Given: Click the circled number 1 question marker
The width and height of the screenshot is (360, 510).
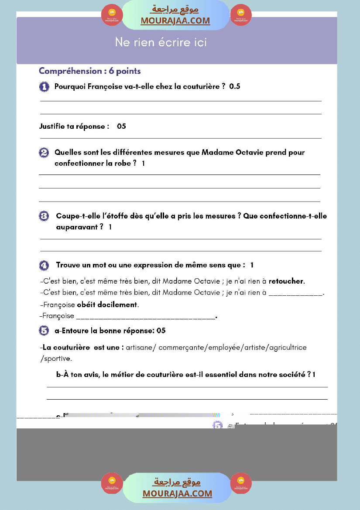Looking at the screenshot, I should [x=44, y=87].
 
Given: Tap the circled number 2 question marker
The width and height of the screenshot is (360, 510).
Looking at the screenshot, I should [x=44, y=153].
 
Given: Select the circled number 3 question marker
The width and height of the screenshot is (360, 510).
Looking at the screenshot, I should [x=44, y=216].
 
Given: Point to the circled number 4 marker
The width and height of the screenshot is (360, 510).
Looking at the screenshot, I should [x=44, y=265].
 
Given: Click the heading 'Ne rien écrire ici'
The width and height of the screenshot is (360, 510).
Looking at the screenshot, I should [x=161, y=42].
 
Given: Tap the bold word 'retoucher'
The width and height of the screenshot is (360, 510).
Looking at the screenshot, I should [x=286, y=281].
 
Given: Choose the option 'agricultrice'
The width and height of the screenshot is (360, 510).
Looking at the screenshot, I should [x=287, y=348].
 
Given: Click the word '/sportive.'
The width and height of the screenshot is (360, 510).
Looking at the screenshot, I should [x=56, y=359].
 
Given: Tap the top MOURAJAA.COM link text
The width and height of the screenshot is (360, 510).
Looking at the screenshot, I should [x=175, y=21].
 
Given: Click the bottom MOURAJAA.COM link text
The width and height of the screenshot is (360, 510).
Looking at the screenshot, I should [x=177, y=493].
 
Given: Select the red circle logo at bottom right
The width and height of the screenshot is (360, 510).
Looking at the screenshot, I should [x=241, y=483].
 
